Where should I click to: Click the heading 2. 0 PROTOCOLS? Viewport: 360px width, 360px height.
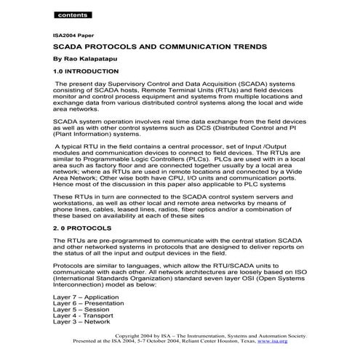coord(81,228)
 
